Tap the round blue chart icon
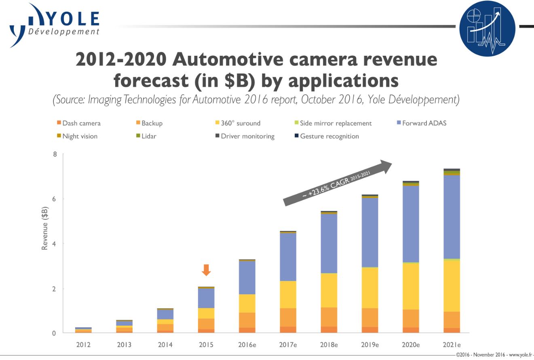[487, 28]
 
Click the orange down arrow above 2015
[206, 269]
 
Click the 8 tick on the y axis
[55, 154]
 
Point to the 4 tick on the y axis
[55, 244]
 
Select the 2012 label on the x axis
[83, 345]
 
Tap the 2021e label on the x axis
[452, 345]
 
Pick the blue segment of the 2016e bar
[247, 278]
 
